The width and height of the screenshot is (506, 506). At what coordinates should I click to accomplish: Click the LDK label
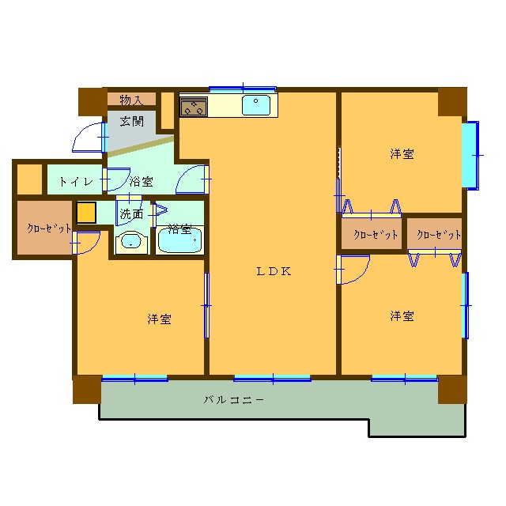coord(274,271)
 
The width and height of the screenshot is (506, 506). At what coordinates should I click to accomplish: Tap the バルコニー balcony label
coord(234,400)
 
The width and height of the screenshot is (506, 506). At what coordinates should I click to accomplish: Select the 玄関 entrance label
coord(132,121)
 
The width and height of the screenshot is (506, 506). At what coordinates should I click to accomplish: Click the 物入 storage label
coord(131,100)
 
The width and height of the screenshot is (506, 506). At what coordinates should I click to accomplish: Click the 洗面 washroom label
coord(131,213)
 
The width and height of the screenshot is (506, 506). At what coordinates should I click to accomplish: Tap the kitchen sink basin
coord(257,105)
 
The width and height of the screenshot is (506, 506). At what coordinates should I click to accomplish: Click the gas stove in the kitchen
coord(194,106)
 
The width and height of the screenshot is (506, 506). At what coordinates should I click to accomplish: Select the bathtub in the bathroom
coord(180,240)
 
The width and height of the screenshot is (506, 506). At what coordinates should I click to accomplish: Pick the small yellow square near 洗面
coord(85,213)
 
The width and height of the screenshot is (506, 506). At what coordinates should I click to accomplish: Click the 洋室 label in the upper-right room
coord(402,154)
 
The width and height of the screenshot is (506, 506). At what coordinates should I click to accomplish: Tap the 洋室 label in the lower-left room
coord(160,319)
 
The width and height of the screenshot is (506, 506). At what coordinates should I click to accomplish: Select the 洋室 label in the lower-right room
coord(402,315)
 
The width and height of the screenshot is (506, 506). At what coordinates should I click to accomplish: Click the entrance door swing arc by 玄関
coord(87,138)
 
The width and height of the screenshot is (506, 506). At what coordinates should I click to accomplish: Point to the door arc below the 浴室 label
coord(191,180)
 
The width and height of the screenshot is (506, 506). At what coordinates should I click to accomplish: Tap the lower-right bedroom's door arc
coord(354,271)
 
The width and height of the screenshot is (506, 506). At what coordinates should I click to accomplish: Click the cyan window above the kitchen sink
coord(243,89)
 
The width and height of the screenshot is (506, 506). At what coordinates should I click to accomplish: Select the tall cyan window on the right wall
coord(471,155)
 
